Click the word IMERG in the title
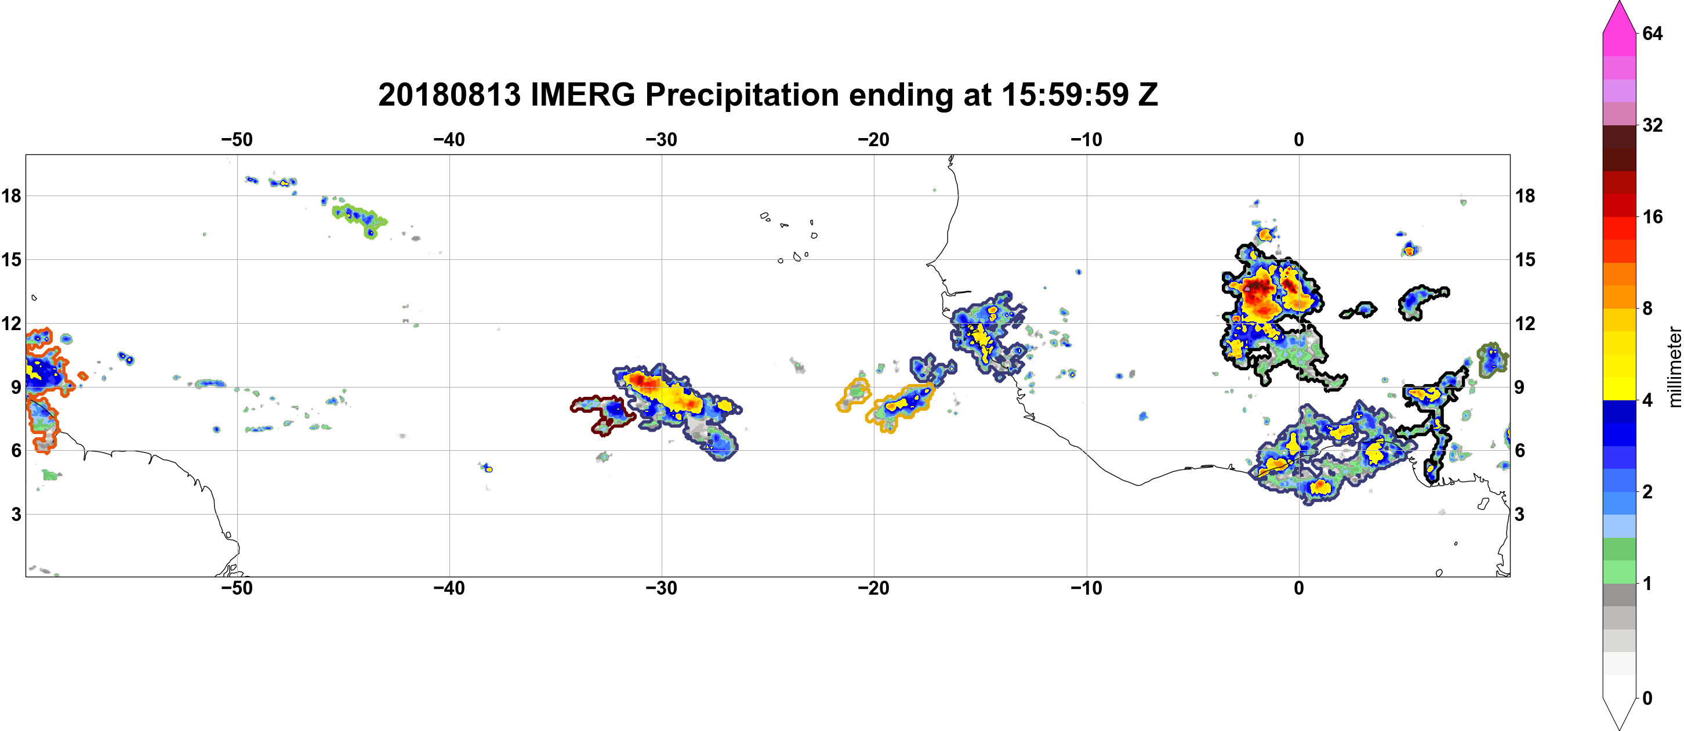point(582,95)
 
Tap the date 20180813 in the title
point(449,95)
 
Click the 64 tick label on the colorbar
point(1652,33)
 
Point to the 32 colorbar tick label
point(1652,125)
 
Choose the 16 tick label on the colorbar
point(1652,216)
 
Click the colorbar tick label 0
point(1647,699)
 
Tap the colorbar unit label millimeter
point(1674,367)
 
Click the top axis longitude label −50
point(237,140)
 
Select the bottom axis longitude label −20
point(874,588)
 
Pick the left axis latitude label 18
point(11,196)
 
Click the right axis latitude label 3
point(1519,515)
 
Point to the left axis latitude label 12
point(11,323)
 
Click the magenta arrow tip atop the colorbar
point(1619,3)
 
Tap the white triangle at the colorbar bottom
point(1619,712)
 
